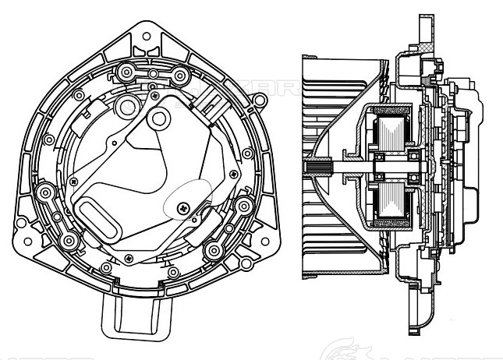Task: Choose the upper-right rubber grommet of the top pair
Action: [180, 76]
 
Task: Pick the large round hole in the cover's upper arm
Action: [159, 118]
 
